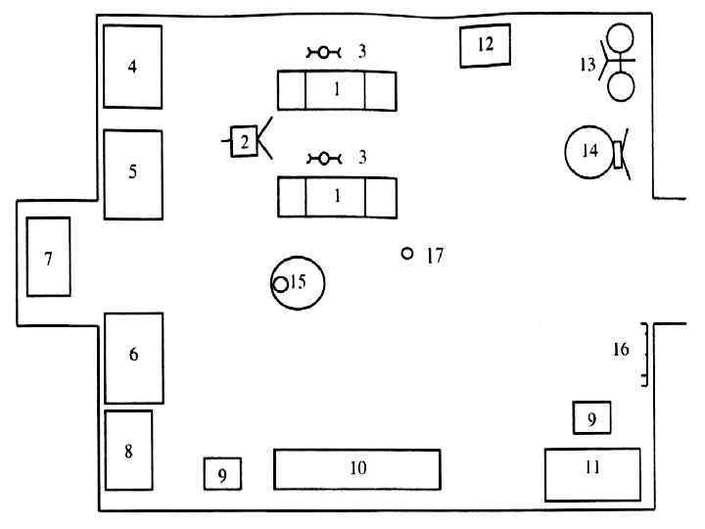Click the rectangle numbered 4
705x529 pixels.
(x=132, y=67)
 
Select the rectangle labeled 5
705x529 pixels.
(x=132, y=173)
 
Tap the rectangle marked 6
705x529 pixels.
(x=133, y=357)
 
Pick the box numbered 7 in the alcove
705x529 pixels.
(x=48, y=257)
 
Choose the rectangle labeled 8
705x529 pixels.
(x=128, y=450)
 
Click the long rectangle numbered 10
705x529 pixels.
(x=356, y=468)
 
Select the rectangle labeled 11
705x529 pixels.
(x=591, y=473)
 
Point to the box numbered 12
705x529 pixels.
(x=485, y=45)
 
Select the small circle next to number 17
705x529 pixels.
(x=407, y=254)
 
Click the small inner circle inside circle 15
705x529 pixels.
(x=280, y=284)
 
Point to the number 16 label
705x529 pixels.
(x=621, y=350)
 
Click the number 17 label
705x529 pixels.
(x=435, y=257)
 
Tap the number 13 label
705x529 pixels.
(x=587, y=65)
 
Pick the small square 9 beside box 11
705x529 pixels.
(x=591, y=418)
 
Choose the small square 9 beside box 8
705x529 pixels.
(x=222, y=475)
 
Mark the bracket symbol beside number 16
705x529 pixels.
(x=644, y=354)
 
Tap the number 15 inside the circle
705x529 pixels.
(x=298, y=282)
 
